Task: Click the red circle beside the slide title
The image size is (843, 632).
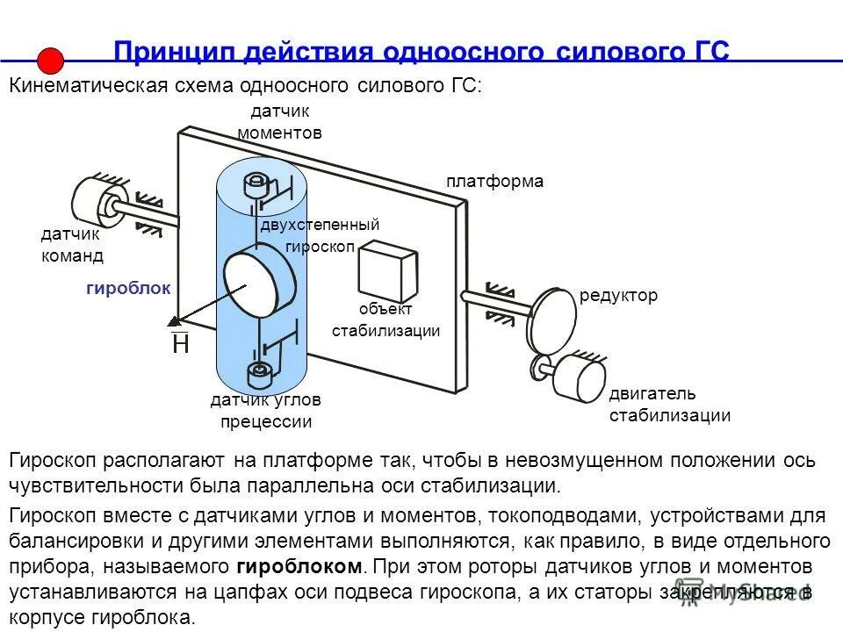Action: pos(51,60)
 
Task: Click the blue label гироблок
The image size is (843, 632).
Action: pos(128,288)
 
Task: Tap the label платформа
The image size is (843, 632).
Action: pos(494,182)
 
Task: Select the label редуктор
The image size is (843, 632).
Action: pos(618,296)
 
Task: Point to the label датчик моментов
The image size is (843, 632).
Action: pos(280,122)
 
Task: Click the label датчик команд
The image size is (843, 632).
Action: pos(72,245)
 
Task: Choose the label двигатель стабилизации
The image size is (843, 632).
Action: pos(669,405)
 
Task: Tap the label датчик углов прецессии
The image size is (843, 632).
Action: pos(265,411)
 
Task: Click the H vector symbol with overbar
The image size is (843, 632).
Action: pos(180,342)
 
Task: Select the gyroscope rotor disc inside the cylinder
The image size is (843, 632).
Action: pos(262,284)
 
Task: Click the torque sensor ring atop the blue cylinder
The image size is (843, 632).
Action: pos(256,184)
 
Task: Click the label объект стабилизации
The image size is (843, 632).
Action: pos(385,320)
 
